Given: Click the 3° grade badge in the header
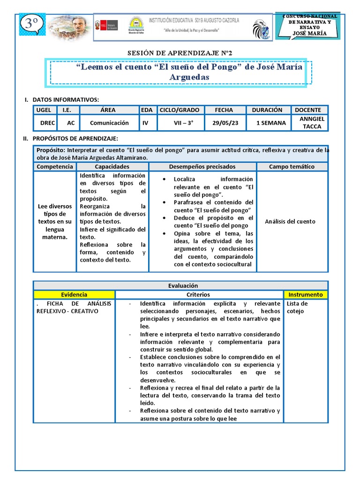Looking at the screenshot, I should [31, 24].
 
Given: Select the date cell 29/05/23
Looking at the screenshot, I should [224, 123].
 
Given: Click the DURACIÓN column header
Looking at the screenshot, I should [267, 110].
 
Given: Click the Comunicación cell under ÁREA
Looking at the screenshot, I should [109, 123].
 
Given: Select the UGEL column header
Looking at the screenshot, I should [44, 110].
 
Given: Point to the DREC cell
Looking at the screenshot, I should [47, 123].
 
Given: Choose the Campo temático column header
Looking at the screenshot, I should [292, 167].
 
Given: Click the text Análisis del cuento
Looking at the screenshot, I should [290, 222].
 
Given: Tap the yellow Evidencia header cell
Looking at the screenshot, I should [74, 295].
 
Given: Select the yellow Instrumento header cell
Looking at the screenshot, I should [305, 295].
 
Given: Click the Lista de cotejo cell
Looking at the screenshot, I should [298, 307].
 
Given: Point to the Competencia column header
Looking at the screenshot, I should [55, 167].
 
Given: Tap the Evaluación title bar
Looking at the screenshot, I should [183, 285].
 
